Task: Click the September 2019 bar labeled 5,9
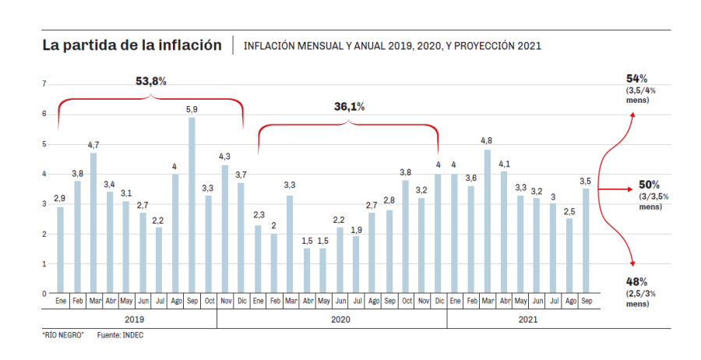[x=192, y=205]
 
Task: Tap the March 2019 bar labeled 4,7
[x=93, y=223]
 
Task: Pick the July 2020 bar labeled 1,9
[x=356, y=264]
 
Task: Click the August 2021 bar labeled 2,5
[x=569, y=256]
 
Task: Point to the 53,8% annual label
[x=151, y=82]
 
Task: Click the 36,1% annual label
[x=350, y=107]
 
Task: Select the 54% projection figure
[x=637, y=79]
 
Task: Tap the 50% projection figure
[x=649, y=185]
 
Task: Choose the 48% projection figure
[x=637, y=281]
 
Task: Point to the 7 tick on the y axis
[x=44, y=84]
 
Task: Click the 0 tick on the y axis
[x=44, y=294]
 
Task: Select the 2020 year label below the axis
[x=340, y=319]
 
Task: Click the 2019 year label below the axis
[x=134, y=319]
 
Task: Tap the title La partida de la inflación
[x=132, y=45]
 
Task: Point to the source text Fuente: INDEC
[x=120, y=335]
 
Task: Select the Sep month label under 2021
[x=586, y=300]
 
